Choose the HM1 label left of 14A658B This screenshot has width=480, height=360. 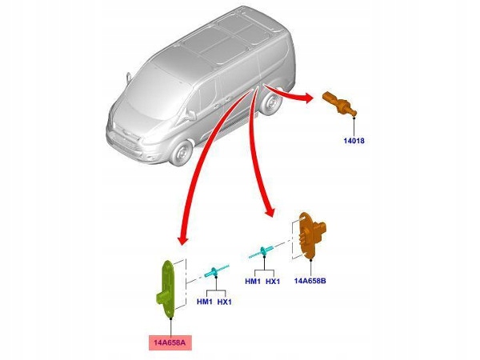[252, 282]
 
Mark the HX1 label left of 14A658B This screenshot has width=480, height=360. [274, 282]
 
